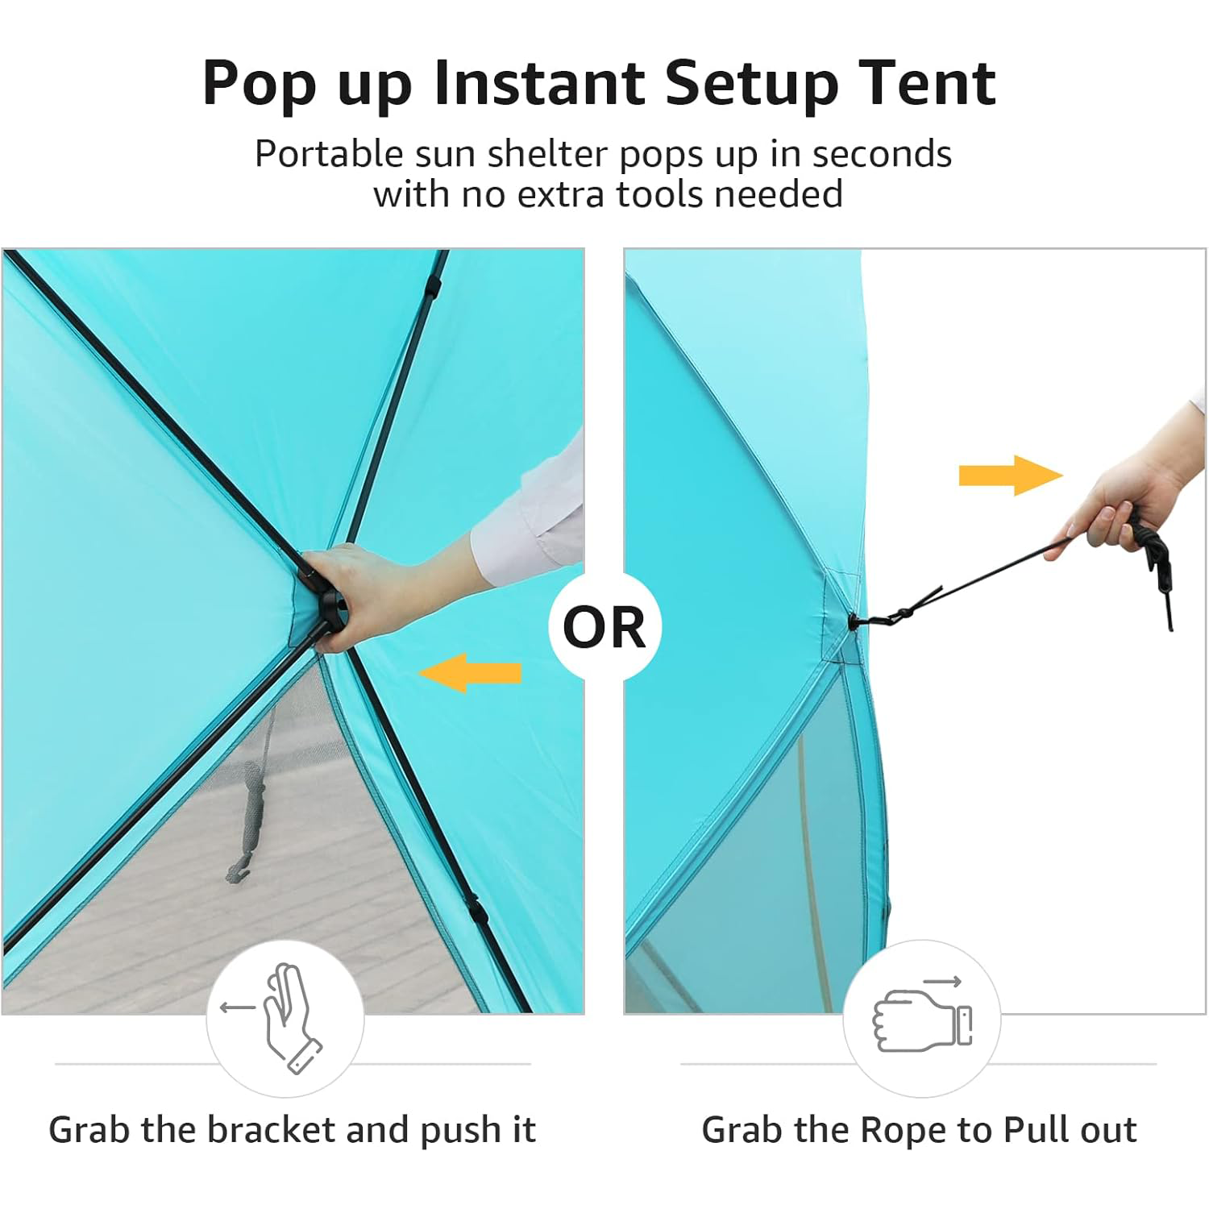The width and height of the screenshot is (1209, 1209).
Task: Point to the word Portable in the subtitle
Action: [329, 153]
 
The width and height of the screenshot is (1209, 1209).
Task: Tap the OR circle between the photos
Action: [604, 627]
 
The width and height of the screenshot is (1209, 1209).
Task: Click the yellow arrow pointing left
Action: [470, 673]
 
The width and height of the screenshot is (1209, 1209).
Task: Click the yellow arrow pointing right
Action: [1011, 476]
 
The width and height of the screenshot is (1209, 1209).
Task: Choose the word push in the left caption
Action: [462, 1131]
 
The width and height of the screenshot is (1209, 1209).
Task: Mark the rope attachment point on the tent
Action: [854, 621]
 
